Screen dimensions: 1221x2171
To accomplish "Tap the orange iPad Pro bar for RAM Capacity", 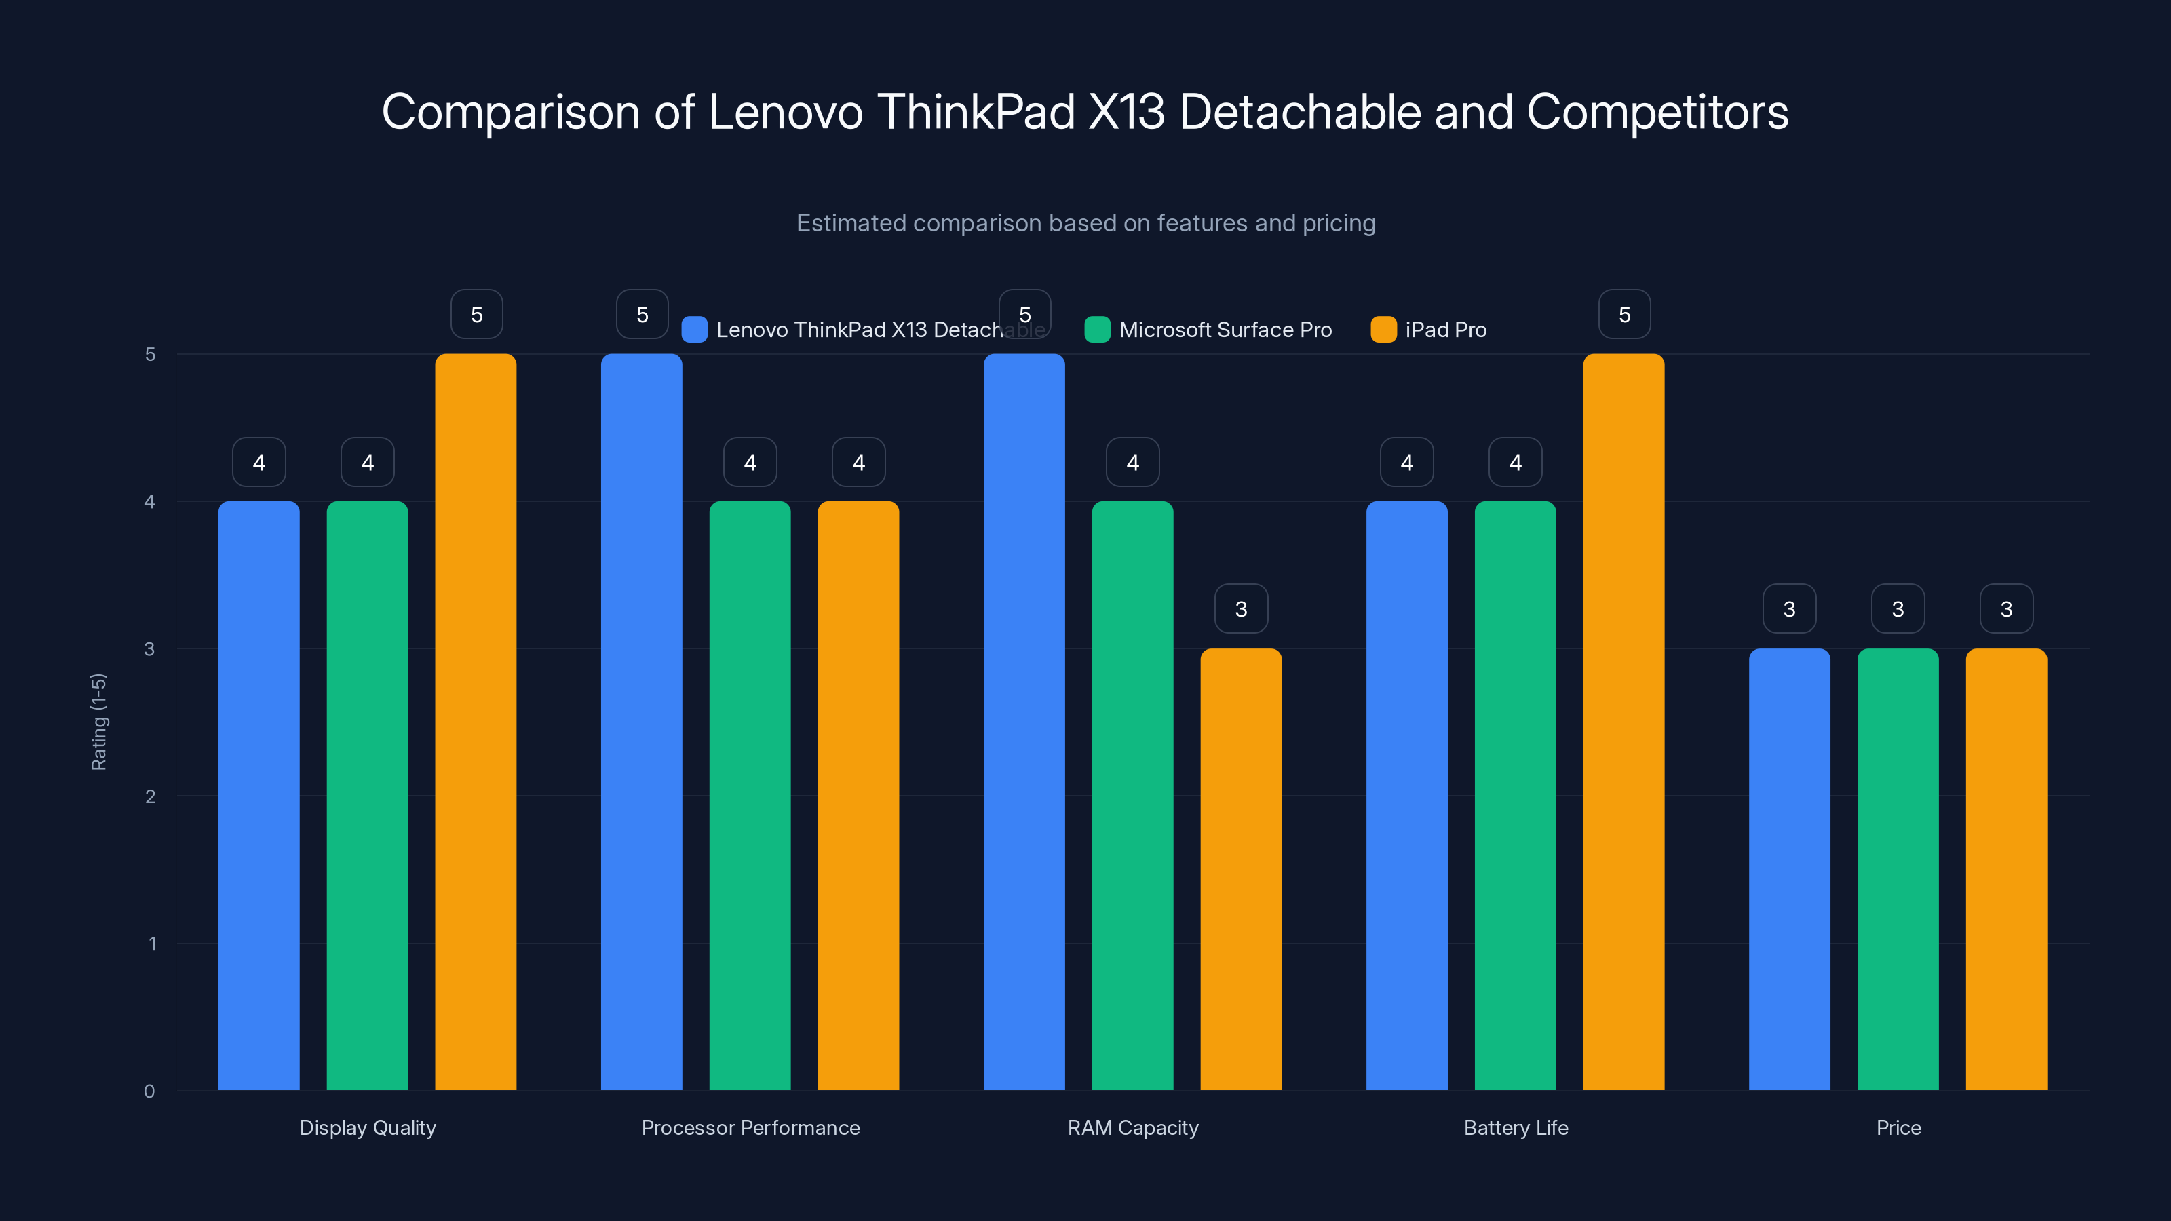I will (x=1241, y=869).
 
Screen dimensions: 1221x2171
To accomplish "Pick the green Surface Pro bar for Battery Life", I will (x=1514, y=796).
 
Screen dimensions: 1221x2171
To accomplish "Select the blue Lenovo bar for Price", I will (x=1788, y=869).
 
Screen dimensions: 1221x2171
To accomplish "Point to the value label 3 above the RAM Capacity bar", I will (x=1241, y=608).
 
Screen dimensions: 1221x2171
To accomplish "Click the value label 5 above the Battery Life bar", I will (x=1624, y=314).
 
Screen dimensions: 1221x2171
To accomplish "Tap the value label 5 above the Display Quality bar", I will (x=476, y=314).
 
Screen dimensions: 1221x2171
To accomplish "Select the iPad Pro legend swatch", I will (x=1383, y=330).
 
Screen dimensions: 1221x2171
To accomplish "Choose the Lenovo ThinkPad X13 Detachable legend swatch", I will (x=693, y=330).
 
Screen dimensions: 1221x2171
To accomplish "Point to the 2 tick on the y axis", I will (x=150, y=796).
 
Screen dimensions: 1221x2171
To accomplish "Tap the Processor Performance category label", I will (x=750, y=1127).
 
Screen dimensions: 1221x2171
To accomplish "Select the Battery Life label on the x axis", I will (x=1516, y=1127).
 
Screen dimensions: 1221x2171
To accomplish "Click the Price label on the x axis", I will (x=1898, y=1127).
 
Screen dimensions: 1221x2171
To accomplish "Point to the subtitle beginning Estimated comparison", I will (x=1085, y=222).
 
